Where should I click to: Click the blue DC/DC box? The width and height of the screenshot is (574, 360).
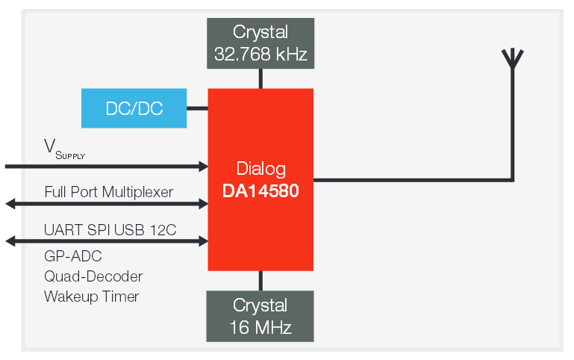[134, 108]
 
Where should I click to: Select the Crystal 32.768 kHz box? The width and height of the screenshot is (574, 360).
[261, 43]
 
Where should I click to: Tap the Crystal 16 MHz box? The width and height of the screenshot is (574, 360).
[261, 316]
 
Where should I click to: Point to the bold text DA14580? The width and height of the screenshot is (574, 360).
[261, 190]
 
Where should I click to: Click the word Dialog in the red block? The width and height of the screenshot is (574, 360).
[261, 168]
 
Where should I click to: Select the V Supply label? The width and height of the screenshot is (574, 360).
[64, 149]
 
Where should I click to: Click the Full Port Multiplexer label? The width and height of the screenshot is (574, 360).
[109, 192]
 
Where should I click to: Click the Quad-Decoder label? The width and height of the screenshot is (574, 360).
[93, 276]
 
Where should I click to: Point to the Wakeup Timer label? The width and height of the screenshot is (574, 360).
[91, 297]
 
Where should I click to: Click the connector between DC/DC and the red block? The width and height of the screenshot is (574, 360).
[197, 108]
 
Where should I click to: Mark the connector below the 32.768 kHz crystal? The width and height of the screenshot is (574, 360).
[261, 78]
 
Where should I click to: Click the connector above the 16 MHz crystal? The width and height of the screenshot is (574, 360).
[261, 280]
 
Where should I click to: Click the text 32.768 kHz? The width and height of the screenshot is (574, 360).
[261, 53]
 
